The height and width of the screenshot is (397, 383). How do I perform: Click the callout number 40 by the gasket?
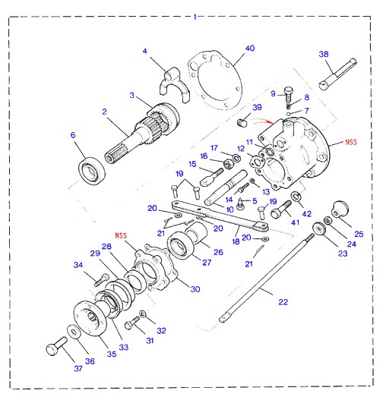point(250,48)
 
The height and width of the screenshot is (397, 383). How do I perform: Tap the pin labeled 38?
point(337,74)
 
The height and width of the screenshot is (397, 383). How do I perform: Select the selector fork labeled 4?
point(174,85)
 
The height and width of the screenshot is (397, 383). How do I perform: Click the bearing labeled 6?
point(92,171)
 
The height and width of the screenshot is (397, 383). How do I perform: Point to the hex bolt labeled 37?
point(57,346)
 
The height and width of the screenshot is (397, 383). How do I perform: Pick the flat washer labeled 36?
point(74,331)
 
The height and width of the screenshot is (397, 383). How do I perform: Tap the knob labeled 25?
point(340,210)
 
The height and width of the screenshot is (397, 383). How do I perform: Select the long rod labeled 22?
point(267,278)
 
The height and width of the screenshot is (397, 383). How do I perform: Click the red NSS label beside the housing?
point(351,142)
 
